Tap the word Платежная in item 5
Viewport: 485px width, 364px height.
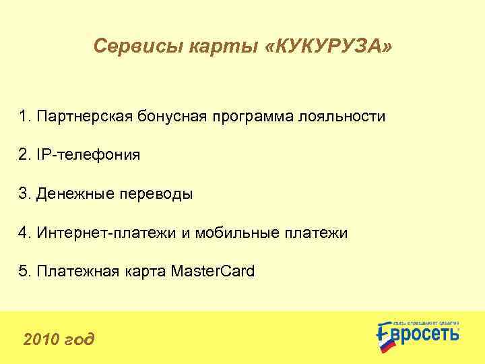pos(76,272)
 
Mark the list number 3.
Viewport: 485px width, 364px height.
pos(25,195)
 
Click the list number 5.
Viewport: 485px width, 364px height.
pos(25,272)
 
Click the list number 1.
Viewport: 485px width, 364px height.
pos(25,117)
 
